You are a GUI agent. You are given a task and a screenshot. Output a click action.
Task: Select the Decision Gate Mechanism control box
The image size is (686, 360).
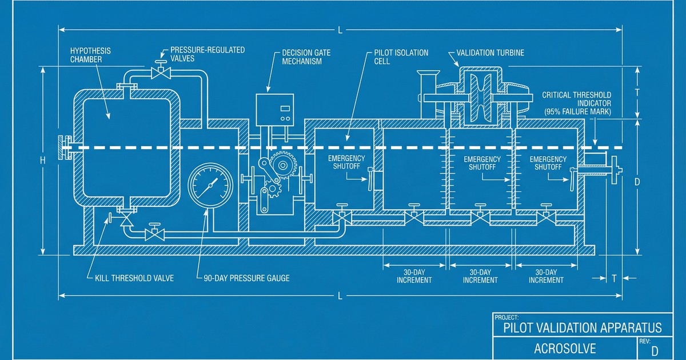(x=274, y=109)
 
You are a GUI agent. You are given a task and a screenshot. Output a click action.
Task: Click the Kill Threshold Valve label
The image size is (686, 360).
(x=130, y=278)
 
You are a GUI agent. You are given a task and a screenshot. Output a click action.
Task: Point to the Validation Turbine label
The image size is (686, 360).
(x=490, y=53)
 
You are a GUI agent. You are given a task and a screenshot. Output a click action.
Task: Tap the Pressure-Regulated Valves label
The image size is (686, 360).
(x=208, y=54)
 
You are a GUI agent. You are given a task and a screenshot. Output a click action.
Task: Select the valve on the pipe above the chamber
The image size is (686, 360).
(x=162, y=73)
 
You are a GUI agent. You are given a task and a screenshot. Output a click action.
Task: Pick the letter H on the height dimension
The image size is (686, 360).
(x=42, y=161)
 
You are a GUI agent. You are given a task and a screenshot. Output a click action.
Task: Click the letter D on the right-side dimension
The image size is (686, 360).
(x=638, y=182)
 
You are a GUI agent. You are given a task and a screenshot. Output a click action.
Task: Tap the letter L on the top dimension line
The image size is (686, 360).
(x=340, y=30)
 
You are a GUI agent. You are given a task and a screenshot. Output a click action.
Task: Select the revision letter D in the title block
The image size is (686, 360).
(x=655, y=350)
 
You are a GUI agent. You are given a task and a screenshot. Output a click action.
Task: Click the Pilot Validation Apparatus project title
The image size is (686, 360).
(x=582, y=327)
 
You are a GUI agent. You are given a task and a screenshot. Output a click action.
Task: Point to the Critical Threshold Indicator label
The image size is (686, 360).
(x=576, y=103)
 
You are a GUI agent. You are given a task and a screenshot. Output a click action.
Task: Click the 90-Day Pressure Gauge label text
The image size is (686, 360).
(x=246, y=278)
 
